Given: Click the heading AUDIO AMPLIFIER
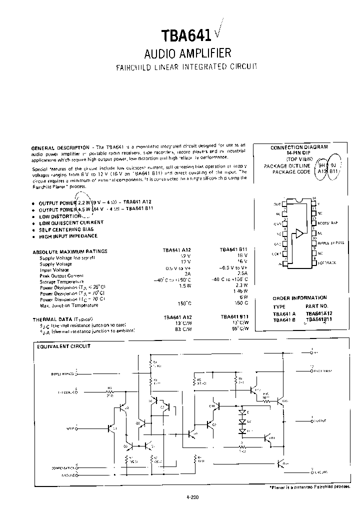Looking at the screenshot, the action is point(187,53).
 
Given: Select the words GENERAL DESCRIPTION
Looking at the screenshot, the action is point(60,148).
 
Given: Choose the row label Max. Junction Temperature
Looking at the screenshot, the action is point(68,305).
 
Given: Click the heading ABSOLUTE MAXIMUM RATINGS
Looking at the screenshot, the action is point(69,251).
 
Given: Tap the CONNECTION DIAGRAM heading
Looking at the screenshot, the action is point(299,147).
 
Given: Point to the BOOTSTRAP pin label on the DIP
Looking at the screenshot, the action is point(327,222).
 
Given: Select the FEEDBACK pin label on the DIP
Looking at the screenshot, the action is point(326,262).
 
